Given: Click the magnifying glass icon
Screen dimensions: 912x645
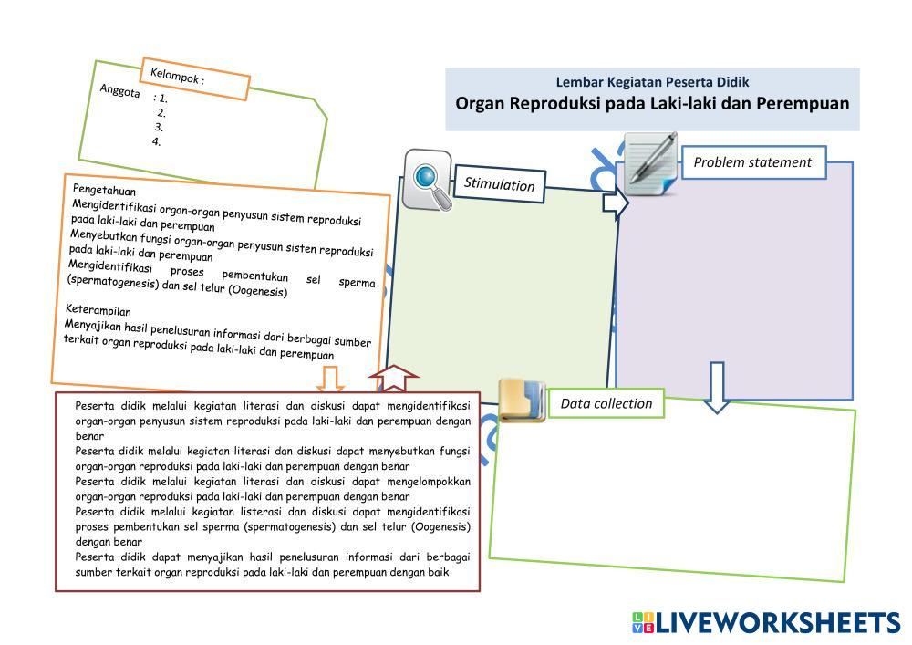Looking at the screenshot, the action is coord(428,180).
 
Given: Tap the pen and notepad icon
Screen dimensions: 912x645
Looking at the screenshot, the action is coord(651,163).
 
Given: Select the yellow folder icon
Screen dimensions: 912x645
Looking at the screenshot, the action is coord(522,400).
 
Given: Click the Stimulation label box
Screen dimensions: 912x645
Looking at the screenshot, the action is coord(499,183).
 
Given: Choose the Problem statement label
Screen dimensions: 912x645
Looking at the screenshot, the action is coord(752,162).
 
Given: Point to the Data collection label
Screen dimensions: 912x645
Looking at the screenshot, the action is coord(606,403).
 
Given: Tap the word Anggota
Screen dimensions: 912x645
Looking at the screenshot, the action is coord(119,90).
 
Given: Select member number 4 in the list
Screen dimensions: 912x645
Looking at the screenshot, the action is coord(156,141).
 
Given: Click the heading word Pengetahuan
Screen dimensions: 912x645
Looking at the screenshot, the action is coord(104,190).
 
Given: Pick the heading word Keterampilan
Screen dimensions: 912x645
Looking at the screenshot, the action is coord(98,309).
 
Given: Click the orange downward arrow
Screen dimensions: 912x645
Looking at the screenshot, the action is coord(330,379).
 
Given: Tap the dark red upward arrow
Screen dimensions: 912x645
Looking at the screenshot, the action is coord(394,378).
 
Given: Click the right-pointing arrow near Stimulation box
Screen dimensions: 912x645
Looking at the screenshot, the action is coord(616,203).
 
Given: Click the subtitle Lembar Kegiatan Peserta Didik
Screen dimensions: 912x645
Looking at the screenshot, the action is coord(652,82).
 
